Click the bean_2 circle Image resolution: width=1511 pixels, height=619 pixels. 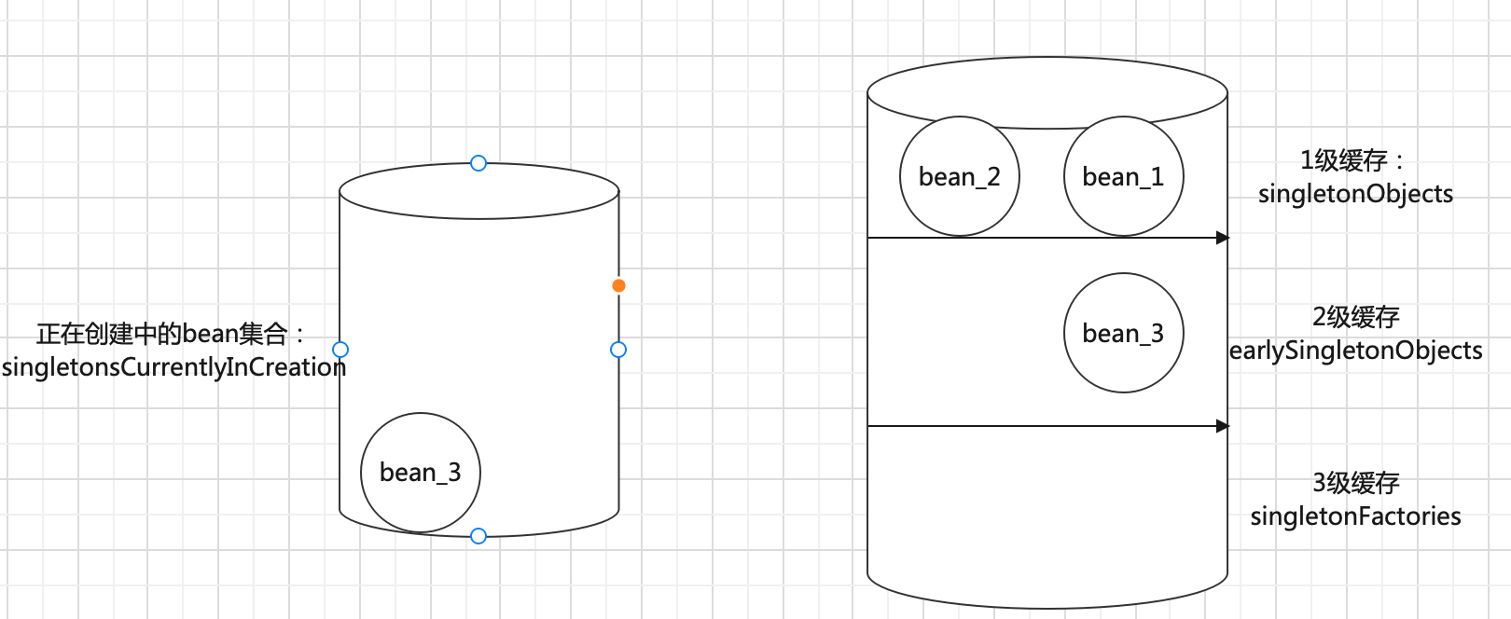[x=959, y=176]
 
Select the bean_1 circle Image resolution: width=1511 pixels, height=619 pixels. [x=1123, y=176]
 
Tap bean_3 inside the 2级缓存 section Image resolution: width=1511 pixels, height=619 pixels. [x=1123, y=333]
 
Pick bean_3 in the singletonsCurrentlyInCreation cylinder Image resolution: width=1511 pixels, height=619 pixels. [x=420, y=473]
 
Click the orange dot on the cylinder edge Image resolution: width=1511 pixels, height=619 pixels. [x=618, y=285]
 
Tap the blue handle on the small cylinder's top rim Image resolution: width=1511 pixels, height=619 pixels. [x=478, y=163]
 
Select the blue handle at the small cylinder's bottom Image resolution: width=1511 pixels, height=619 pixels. [x=478, y=536]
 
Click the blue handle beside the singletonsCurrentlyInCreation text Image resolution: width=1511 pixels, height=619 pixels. [x=340, y=350]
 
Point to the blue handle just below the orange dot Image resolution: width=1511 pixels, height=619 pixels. [x=618, y=350]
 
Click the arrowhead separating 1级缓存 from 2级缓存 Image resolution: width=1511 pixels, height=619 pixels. [x=1223, y=238]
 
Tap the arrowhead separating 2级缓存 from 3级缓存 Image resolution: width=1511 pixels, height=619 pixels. [x=1223, y=426]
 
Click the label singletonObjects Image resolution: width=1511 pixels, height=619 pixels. [x=1355, y=194]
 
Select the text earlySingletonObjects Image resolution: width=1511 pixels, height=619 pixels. [x=1355, y=351]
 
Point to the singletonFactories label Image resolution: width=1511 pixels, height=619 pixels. [x=1355, y=516]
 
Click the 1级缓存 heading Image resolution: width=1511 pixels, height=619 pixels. [x=1345, y=160]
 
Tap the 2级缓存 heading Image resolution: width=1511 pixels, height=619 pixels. [x=1355, y=317]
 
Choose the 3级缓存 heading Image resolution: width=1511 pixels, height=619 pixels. [x=1355, y=483]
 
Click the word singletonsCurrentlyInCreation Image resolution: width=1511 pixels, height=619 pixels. [x=173, y=367]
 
